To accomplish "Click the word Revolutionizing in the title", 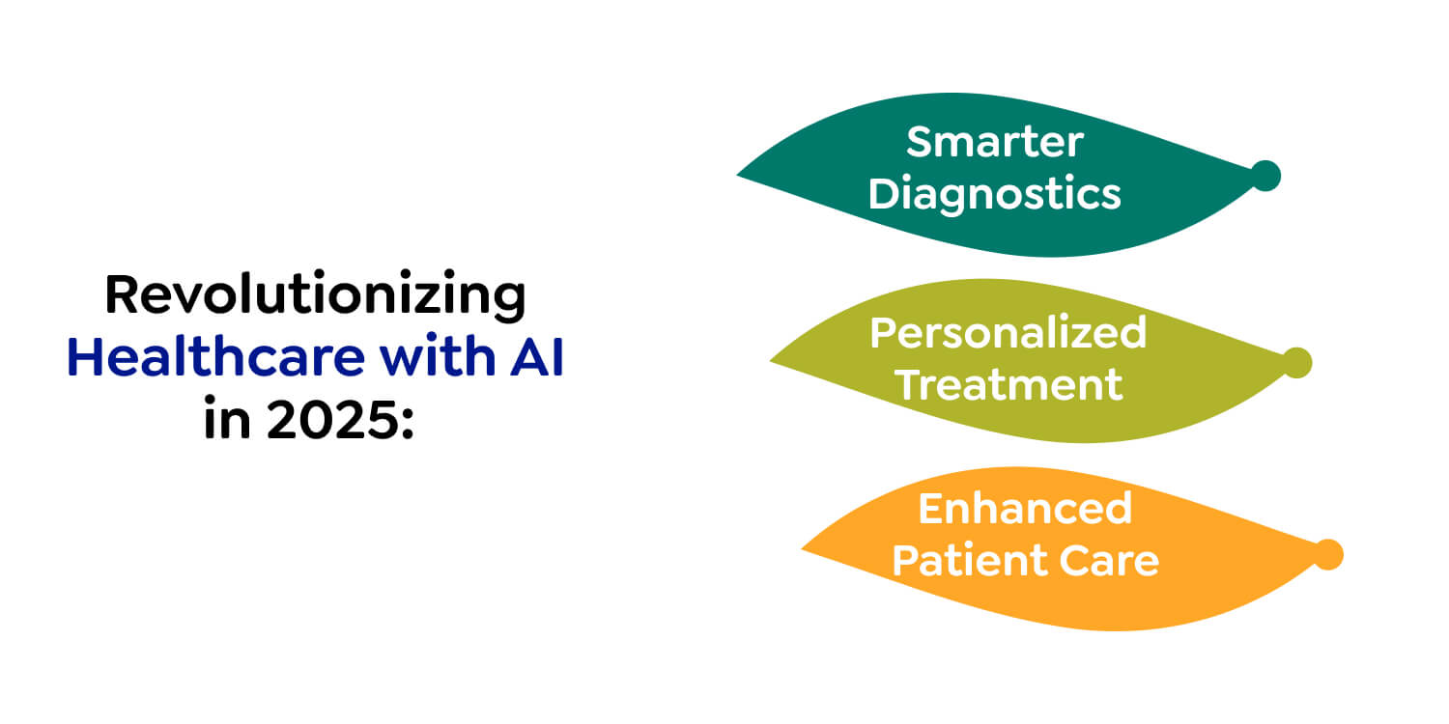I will click(x=315, y=295).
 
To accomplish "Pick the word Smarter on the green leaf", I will click(x=994, y=143).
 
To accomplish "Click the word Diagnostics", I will click(x=994, y=194).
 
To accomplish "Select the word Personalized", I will click(x=1008, y=333).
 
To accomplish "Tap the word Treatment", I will click(x=1008, y=384).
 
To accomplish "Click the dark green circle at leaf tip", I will click(x=1265, y=176).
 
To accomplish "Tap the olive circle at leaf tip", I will click(x=1296, y=363).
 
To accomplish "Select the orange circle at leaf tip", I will click(x=1328, y=555).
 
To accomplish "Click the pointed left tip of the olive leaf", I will click(x=774, y=361).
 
